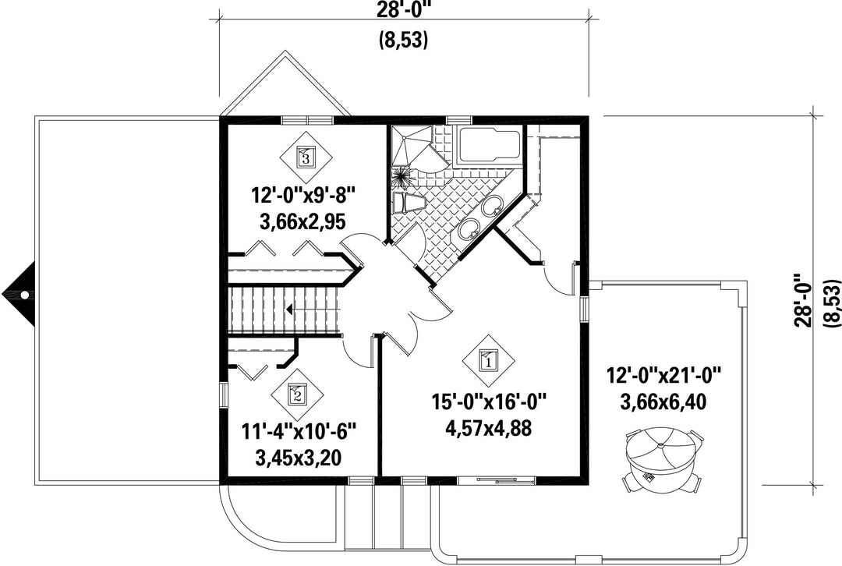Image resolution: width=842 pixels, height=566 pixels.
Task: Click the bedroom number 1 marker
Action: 489,361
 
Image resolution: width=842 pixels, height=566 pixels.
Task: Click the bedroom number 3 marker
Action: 306,157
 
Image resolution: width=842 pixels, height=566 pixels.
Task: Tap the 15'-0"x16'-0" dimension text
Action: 489,402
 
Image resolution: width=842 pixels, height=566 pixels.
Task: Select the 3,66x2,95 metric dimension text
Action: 302,221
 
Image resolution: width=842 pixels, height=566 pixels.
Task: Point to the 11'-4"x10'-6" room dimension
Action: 299,431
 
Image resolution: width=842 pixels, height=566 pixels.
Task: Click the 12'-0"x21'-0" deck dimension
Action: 663,374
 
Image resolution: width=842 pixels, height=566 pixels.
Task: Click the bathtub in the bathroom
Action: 488,146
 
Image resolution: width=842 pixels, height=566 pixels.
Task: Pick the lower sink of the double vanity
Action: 470,228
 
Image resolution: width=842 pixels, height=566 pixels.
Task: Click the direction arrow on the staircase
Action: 289,310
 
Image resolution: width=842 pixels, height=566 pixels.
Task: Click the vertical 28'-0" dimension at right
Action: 805,301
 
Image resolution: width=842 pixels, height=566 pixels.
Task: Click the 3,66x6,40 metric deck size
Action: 663,402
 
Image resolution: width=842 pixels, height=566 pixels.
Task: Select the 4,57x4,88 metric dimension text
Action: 489,428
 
